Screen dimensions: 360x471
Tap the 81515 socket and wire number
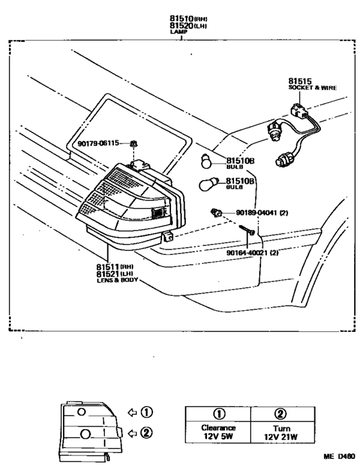pos(300,81)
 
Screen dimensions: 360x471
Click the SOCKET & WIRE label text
pos(312,88)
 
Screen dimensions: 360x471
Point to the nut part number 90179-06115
pos(98,143)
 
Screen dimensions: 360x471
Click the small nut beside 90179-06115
pos(134,143)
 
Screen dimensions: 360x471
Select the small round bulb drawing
pos(206,162)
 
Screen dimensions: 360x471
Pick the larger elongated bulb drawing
pos(209,184)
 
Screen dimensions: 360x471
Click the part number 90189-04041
pos(257,213)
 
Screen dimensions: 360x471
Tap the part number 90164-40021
pos(247,253)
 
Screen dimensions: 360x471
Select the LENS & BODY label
pos(117,281)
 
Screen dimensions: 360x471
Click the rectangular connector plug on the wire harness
pos(300,110)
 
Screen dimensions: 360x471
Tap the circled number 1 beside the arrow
pos(147,412)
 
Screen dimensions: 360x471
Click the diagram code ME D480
pos(339,457)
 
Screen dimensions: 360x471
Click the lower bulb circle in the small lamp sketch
pos(85,434)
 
